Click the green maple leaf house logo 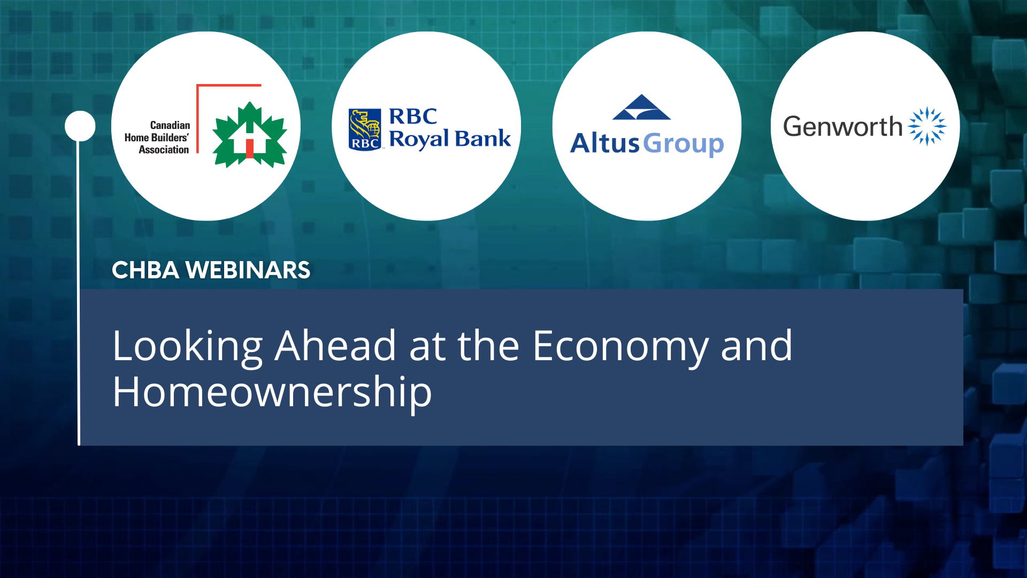pyautogui.click(x=250, y=134)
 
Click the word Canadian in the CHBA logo pyautogui.click(x=170, y=125)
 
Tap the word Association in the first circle pyautogui.click(x=164, y=150)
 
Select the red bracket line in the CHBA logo pyautogui.click(x=198, y=118)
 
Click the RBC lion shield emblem pyautogui.click(x=365, y=129)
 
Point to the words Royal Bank pyautogui.click(x=449, y=139)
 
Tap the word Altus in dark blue pyautogui.click(x=604, y=143)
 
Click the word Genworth pyautogui.click(x=842, y=127)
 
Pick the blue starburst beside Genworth pyautogui.click(x=927, y=126)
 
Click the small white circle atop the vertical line pyautogui.click(x=80, y=126)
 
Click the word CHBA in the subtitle pyautogui.click(x=145, y=270)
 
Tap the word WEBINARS pyautogui.click(x=248, y=270)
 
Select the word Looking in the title pyautogui.click(x=187, y=347)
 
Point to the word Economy pyautogui.click(x=620, y=347)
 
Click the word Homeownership pyautogui.click(x=272, y=392)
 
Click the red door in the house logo pyautogui.click(x=249, y=148)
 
